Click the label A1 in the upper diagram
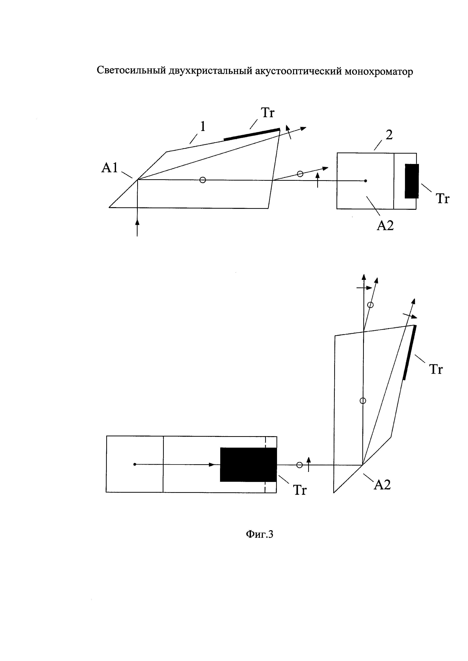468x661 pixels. [x=109, y=168]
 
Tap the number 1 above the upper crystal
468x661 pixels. [x=203, y=127]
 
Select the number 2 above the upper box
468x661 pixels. [x=389, y=135]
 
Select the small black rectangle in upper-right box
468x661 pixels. [x=412, y=181]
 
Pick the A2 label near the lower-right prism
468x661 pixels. [x=382, y=485]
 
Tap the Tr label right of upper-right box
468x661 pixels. [x=442, y=199]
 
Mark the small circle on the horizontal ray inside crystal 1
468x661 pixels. [x=203, y=180]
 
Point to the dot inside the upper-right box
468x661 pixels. [x=365, y=181]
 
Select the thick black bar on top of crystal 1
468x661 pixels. [x=252, y=134]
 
